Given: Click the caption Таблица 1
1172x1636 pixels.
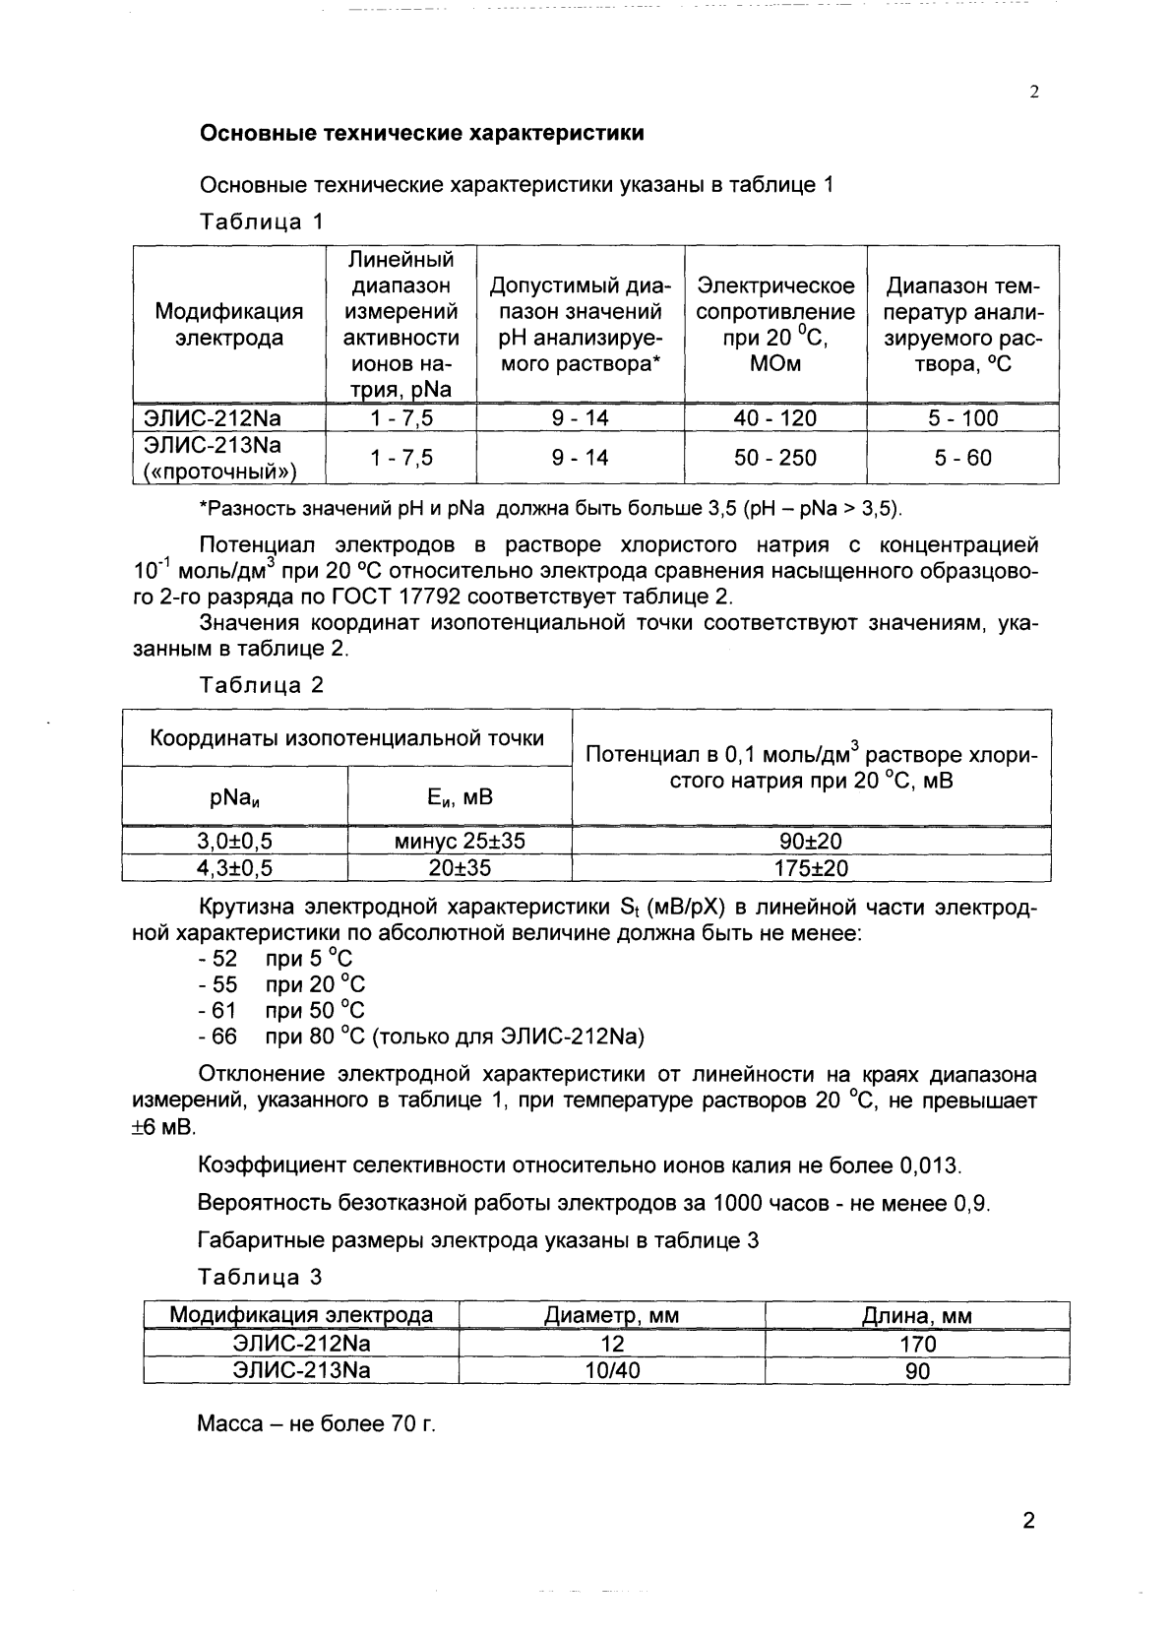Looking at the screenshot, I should [x=261, y=221].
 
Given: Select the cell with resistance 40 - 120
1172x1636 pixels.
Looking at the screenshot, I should [x=774, y=418].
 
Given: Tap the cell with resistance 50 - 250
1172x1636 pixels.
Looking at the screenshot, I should [x=774, y=458].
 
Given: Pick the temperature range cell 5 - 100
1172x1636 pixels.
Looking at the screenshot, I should [x=962, y=418].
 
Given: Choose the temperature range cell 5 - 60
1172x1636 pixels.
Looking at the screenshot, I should [x=962, y=458].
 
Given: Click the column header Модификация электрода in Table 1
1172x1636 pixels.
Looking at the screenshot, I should [x=229, y=325].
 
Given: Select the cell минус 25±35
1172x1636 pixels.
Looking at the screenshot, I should [x=460, y=842].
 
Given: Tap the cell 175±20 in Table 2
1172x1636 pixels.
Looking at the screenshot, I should [x=811, y=868].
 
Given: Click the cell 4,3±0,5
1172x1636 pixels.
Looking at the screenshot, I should [x=234, y=868].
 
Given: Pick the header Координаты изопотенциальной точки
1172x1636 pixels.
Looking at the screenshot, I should [x=346, y=738].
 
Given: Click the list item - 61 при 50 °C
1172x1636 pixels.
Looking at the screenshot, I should [x=281, y=1010].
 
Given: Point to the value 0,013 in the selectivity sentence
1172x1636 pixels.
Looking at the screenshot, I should [x=929, y=1166].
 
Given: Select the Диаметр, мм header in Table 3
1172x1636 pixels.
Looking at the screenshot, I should [x=611, y=1316].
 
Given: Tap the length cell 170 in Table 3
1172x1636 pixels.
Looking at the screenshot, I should [x=917, y=1344].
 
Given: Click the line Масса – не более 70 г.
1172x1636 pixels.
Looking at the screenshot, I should [x=316, y=1424].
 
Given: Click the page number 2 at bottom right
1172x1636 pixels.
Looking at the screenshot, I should [x=1028, y=1521].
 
